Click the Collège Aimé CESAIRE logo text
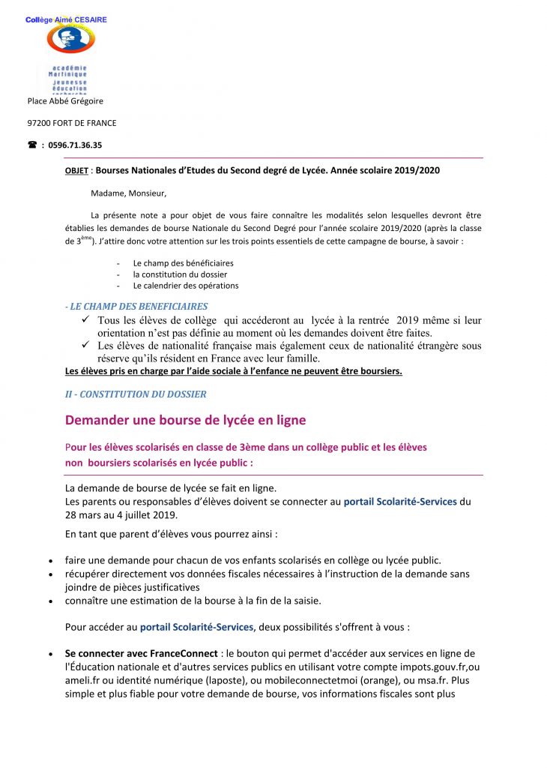pyautogui.click(x=66, y=19)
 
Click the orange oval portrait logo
pyautogui.click(x=70, y=38)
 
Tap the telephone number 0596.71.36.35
pyautogui.click(x=75, y=145)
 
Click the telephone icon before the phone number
pyautogui.click(x=32, y=145)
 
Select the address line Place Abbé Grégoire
pyautogui.click(x=65, y=100)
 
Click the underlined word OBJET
pyautogui.click(x=77, y=170)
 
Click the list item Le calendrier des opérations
pyautogui.click(x=186, y=286)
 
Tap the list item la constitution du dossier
pyautogui.click(x=180, y=274)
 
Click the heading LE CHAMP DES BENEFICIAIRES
pyautogui.click(x=138, y=306)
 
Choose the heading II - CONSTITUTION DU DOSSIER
pyautogui.click(x=136, y=394)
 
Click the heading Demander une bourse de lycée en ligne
pyautogui.click(x=185, y=420)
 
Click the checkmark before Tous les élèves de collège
pyautogui.click(x=85, y=320)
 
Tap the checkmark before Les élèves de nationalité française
pyautogui.click(x=85, y=346)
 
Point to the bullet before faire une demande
pyautogui.click(x=49, y=561)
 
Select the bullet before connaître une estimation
pyautogui.click(x=49, y=601)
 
